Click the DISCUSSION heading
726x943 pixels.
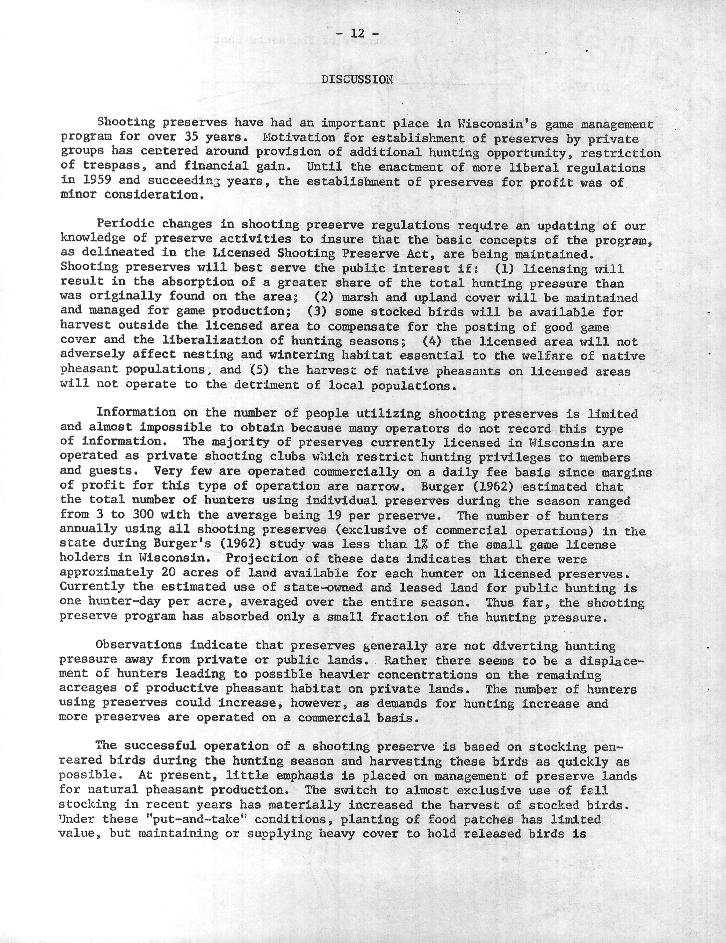click(357, 79)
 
